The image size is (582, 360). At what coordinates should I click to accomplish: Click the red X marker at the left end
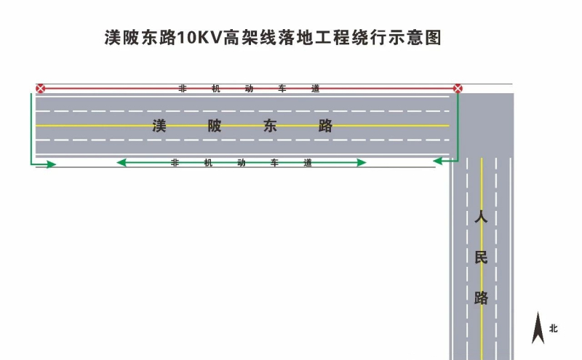tap(41, 89)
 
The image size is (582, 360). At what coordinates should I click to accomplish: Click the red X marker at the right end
tap(458, 89)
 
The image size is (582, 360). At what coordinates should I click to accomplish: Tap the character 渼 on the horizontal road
tap(160, 125)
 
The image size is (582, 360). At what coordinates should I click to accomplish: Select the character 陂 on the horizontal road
tap(215, 125)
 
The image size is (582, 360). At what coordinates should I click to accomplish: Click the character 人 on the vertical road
tap(480, 217)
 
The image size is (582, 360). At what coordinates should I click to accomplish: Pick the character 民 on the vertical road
tap(480, 257)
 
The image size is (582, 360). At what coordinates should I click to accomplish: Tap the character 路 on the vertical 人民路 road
tap(480, 297)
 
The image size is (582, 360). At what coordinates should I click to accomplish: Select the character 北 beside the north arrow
tap(554, 329)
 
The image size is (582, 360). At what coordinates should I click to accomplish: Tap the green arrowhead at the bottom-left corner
tap(50, 164)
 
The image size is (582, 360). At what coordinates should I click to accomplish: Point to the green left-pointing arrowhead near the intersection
tap(439, 159)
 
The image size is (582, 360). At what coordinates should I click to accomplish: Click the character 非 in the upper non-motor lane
tap(183, 89)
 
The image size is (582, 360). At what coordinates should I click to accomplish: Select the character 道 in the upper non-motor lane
tap(315, 89)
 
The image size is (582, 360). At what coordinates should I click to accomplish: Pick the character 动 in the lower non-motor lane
tap(241, 163)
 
